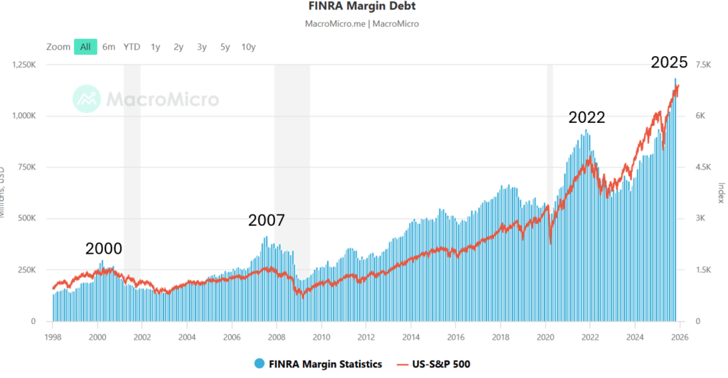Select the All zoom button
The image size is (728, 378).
point(85,47)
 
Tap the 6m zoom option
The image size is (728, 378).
point(108,47)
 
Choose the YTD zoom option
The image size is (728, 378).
point(132,47)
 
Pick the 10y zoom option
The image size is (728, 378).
point(248,47)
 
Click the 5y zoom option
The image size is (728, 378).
point(225,47)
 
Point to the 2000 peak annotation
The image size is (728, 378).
point(104,249)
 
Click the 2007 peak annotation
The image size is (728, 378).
point(267,220)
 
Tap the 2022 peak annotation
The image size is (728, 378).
point(587,118)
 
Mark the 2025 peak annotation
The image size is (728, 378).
point(670,63)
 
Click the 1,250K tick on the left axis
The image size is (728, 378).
point(26,65)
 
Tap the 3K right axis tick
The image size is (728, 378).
point(700,219)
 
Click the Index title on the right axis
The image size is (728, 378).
point(720,193)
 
